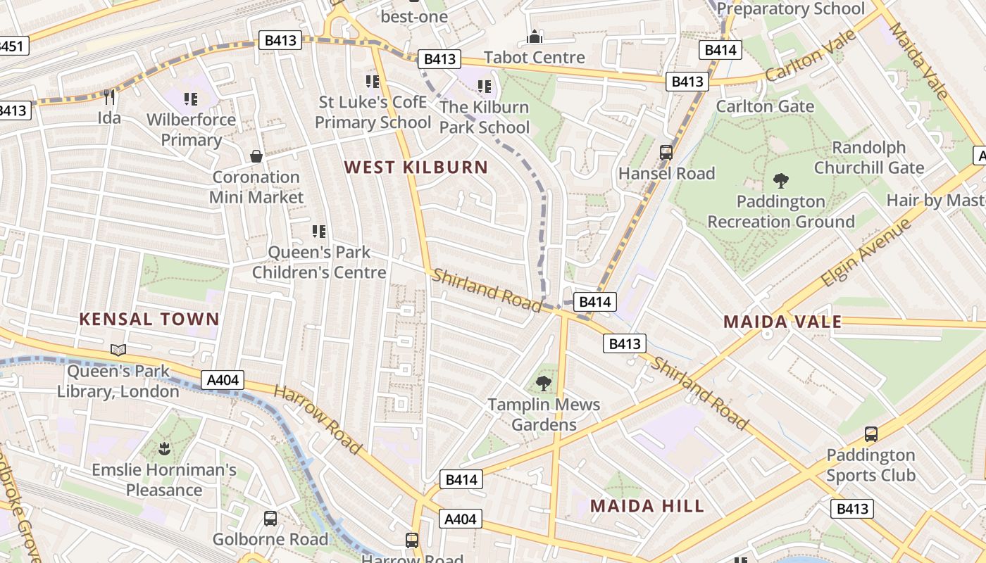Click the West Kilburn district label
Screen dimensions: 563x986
(x=416, y=167)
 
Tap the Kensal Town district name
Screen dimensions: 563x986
(x=149, y=320)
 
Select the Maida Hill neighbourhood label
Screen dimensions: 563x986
(x=647, y=506)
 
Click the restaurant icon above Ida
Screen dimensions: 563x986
(x=108, y=97)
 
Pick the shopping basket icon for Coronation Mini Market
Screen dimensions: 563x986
(x=256, y=156)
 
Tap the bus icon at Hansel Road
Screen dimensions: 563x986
(x=666, y=152)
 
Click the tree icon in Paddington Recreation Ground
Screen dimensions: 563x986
(x=780, y=180)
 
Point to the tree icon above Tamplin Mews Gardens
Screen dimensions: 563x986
(x=543, y=384)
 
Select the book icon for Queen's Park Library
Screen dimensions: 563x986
(x=118, y=350)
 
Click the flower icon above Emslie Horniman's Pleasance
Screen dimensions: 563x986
(x=164, y=448)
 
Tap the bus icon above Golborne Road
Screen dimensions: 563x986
(x=270, y=519)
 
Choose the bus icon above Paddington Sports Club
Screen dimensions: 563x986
(x=870, y=434)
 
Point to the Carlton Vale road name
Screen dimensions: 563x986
(x=811, y=56)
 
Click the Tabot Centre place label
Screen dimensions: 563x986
(x=535, y=58)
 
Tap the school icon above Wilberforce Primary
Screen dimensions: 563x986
(x=190, y=99)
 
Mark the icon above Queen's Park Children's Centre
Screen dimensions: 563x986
(x=318, y=231)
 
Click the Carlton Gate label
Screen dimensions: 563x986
(x=765, y=106)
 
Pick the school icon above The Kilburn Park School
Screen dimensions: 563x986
(x=484, y=87)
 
